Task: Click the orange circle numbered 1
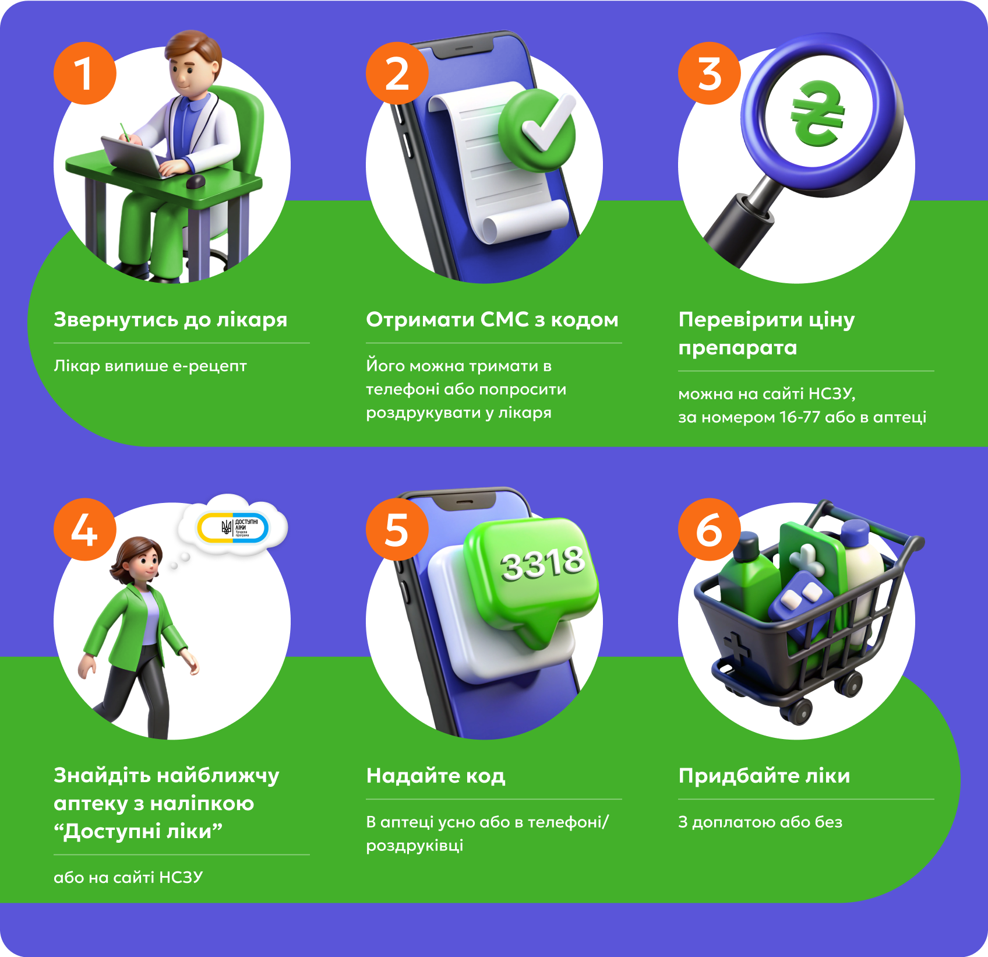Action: tap(85, 73)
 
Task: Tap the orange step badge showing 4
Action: tap(85, 529)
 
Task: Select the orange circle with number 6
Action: tap(710, 529)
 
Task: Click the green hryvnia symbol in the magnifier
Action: tap(818, 114)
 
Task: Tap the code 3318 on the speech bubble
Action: tap(542, 564)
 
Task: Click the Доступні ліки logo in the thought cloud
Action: tap(233, 528)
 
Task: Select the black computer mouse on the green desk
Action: tap(195, 182)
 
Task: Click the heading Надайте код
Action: tap(436, 776)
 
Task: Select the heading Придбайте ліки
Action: tap(764, 776)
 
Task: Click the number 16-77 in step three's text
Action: tap(800, 417)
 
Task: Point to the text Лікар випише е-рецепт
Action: tap(150, 366)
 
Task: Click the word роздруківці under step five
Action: tap(415, 846)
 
